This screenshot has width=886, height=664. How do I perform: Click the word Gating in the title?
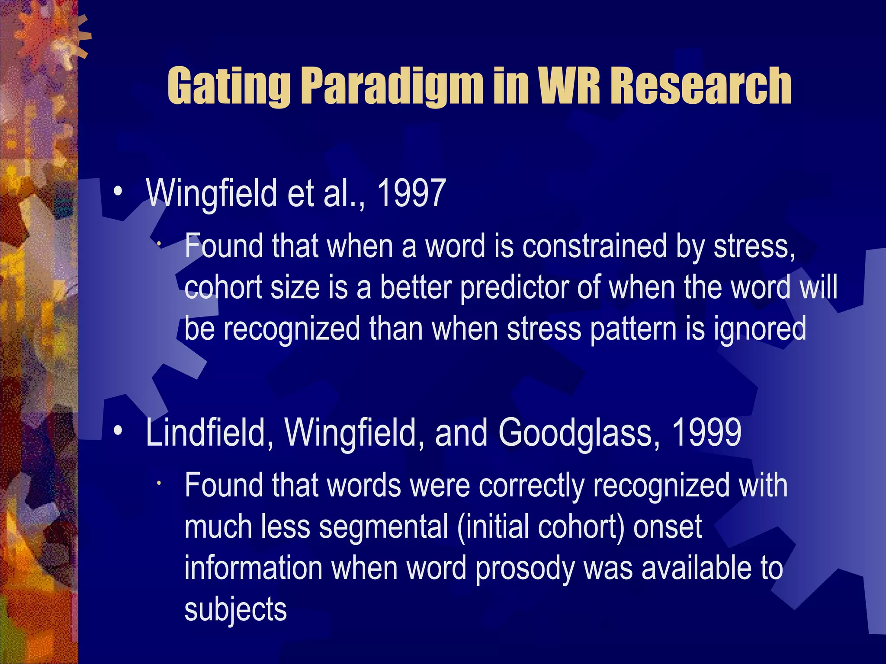[x=229, y=86]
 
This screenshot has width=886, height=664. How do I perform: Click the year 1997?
[x=411, y=193]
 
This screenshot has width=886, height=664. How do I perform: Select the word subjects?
[x=235, y=610]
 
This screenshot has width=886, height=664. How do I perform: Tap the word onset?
[x=668, y=527]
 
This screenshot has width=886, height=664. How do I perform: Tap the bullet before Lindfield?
[x=118, y=431]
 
